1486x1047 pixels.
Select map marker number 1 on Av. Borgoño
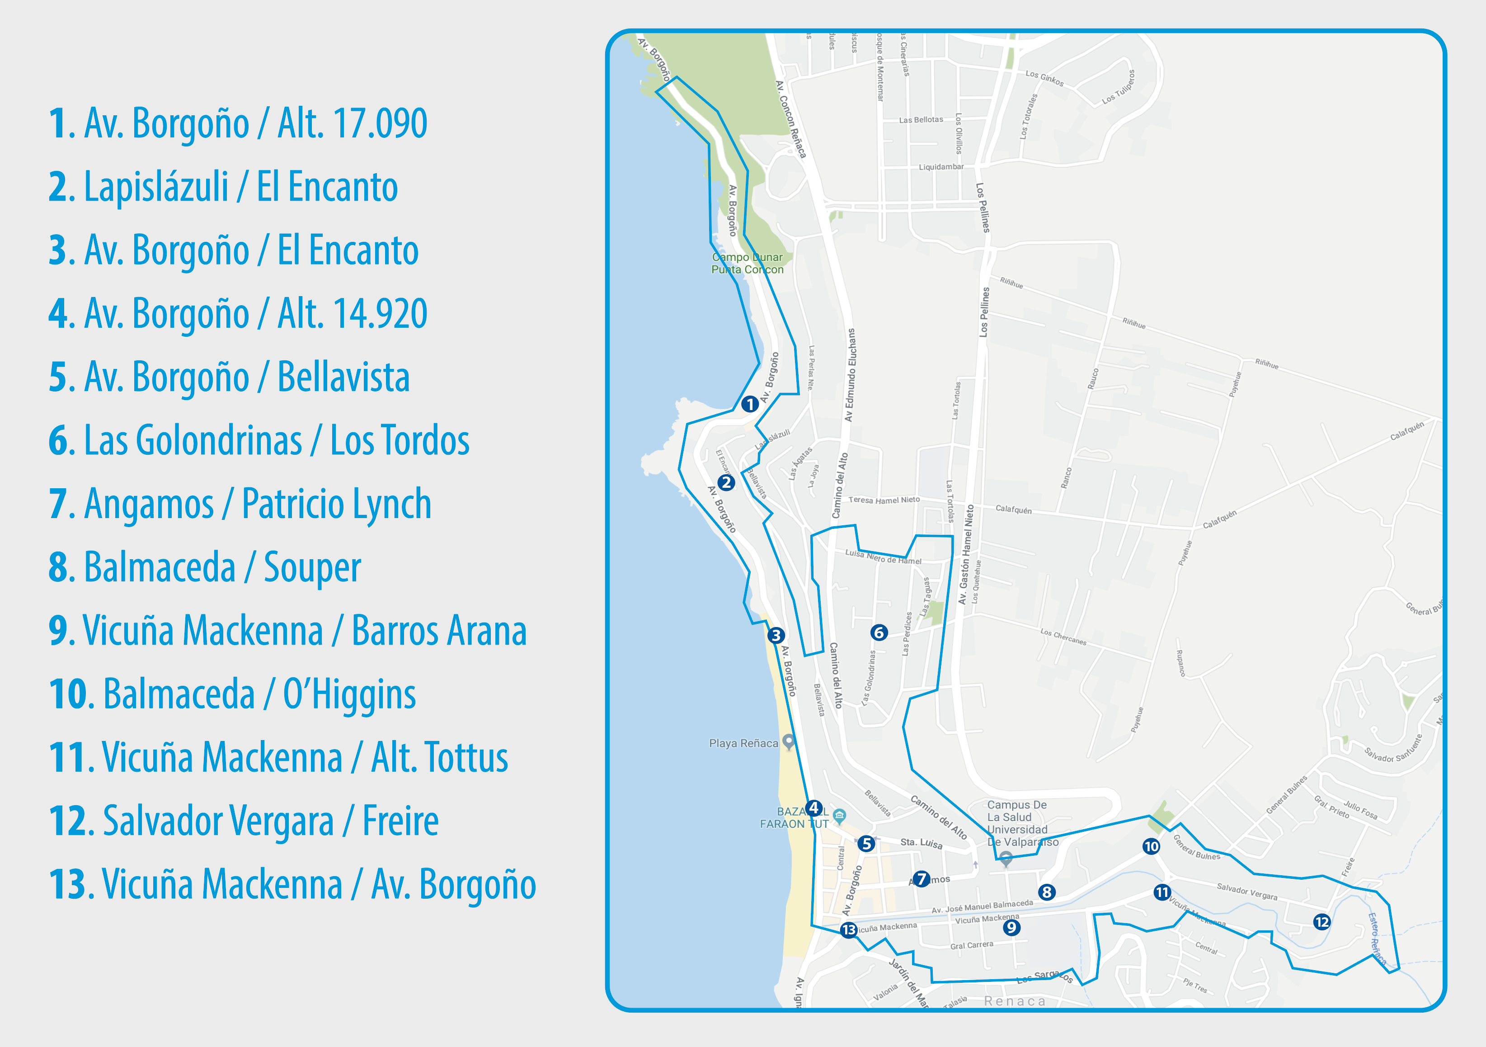tap(749, 404)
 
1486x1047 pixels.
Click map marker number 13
tap(848, 930)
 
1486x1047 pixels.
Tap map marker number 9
tap(1011, 927)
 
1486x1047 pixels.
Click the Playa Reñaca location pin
tap(788, 741)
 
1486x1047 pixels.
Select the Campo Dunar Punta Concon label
tap(748, 264)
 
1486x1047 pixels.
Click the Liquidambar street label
tap(941, 167)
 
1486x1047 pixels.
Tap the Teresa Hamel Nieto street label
tap(884, 500)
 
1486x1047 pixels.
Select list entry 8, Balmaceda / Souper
tap(205, 568)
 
